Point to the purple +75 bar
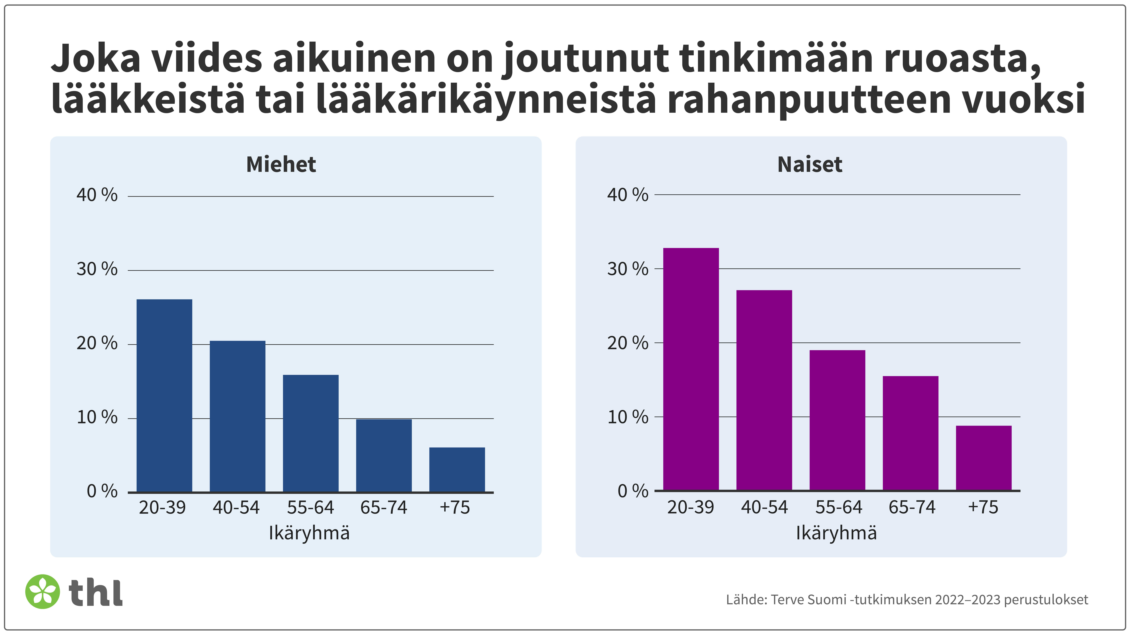[x=984, y=458]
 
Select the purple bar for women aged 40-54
[x=764, y=390]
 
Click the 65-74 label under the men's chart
[x=383, y=507]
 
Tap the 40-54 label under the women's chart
[x=764, y=507]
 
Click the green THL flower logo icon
[x=43, y=592]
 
